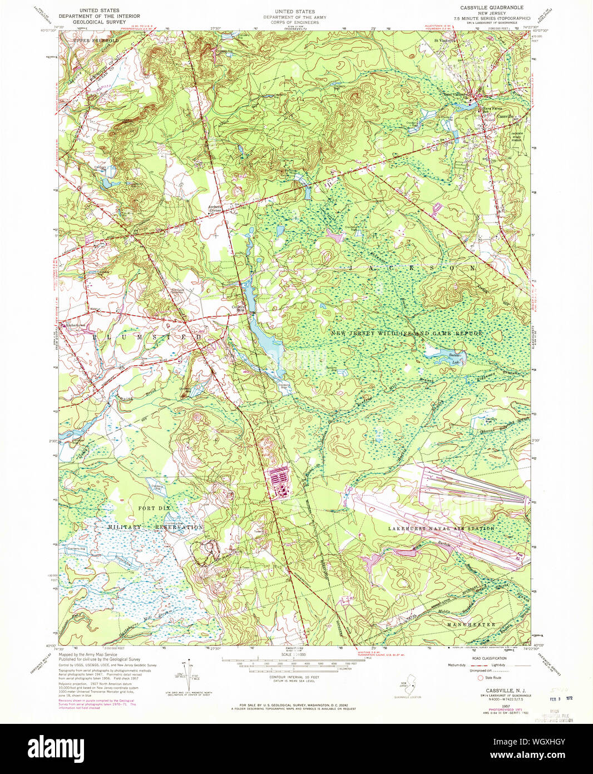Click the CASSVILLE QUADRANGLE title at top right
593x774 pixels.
(x=492, y=7)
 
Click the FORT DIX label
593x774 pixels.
(x=154, y=508)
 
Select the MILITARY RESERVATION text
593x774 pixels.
(x=155, y=527)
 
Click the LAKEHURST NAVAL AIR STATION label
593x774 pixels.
(x=441, y=528)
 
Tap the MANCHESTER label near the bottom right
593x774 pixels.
(x=471, y=624)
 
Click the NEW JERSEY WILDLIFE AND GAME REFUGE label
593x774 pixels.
(x=407, y=333)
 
